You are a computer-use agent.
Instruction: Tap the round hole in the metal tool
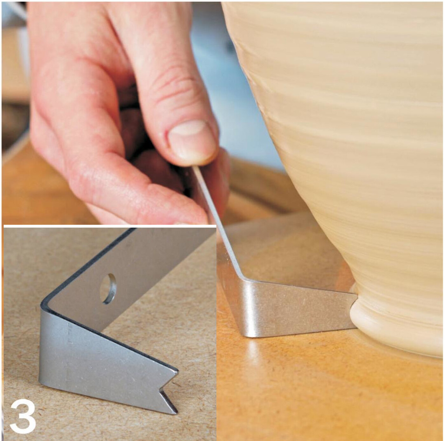(108, 289)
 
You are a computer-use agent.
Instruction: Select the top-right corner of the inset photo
(216, 225)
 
